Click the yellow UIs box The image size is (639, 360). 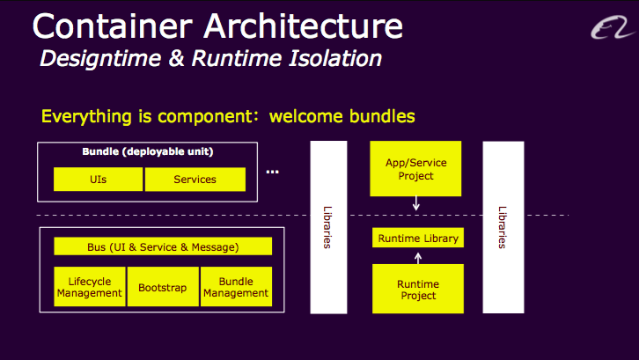click(x=99, y=179)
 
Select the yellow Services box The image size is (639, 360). click(x=195, y=179)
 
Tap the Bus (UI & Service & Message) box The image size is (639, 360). click(x=163, y=246)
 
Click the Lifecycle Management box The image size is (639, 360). click(x=90, y=287)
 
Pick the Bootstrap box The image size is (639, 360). click(x=163, y=287)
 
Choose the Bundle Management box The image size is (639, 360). click(x=237, y=287)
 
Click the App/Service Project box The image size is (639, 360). click(x=415, y=168)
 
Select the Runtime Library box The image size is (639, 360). click(x=418, y=238)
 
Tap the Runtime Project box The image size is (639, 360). click(x=418, y=289)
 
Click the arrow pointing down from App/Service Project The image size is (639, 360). click(x=416, y=203)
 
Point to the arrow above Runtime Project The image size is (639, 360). click(x=418, y=258)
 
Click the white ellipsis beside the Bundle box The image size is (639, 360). click(x=273, y=172)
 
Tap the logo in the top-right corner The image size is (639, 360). click(x=613, y=27)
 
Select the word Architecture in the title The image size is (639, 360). click(x=304, y=26)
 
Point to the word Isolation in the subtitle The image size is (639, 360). click(x=335, y=58)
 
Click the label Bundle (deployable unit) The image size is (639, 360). click(x=148, y=151)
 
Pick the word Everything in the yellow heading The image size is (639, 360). click(x=86, y=116)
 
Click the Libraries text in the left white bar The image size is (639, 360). click(x=327, y=227)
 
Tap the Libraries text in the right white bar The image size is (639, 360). click(x=503, y=227)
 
